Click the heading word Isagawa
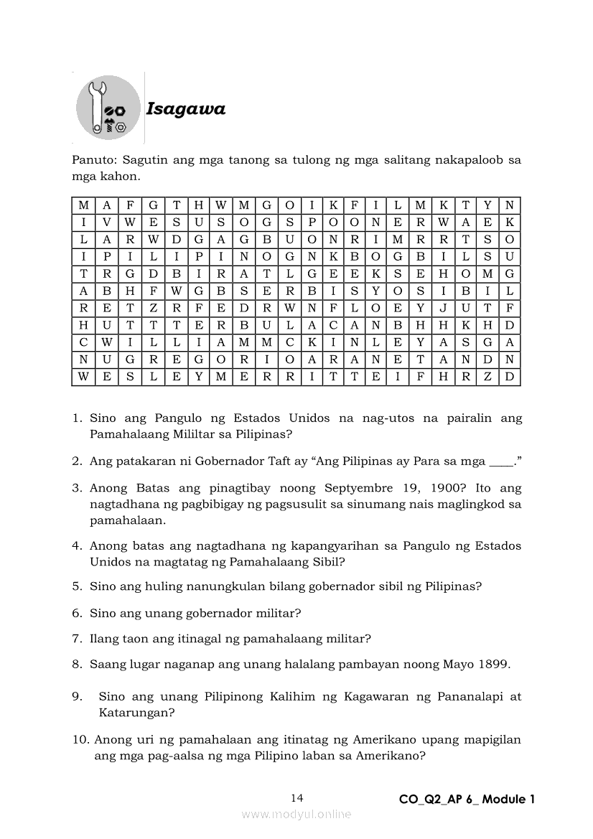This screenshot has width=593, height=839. pyautogui.click(x=186, y=109)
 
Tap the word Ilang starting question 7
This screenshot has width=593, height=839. pyautogui.click(x=105, y=638)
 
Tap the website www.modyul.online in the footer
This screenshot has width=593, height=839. pyautogui.click(x=296, y=814)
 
